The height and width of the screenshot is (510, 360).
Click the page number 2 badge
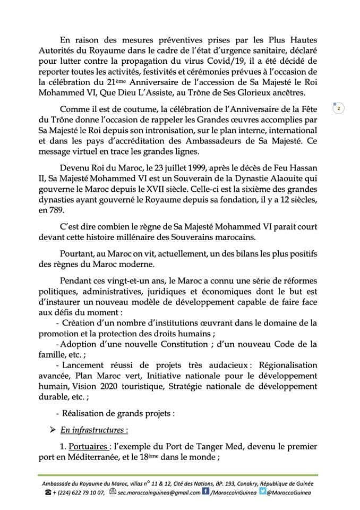(338, 108)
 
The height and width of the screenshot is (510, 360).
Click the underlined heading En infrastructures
(95, 429)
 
